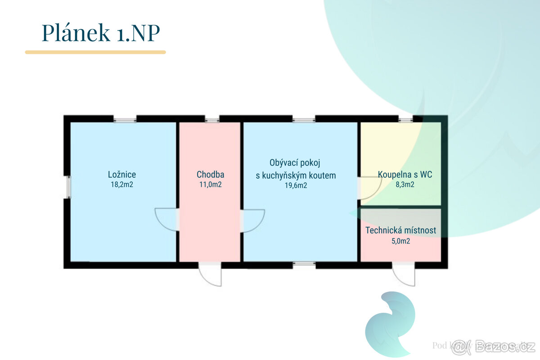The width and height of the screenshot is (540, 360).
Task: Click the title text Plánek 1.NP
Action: tap(101, 33)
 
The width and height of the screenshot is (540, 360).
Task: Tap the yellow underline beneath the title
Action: tap(95, 52)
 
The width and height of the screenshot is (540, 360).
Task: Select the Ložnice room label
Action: tap(122, 175)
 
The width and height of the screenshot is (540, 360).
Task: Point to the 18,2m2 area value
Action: tap(122, 184)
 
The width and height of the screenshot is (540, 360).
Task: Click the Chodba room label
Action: tap(210, 175)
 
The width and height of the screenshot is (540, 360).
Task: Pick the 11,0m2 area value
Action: tap(210, 184)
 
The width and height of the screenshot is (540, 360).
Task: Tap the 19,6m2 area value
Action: tap(296, 185)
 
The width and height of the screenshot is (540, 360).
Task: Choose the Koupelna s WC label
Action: tap(405, 175)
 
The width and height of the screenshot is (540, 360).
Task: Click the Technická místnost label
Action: tap(400, 231)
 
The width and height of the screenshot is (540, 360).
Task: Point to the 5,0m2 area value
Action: tap(400, 241)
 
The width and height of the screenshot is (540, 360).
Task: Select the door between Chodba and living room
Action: tap(252, 220)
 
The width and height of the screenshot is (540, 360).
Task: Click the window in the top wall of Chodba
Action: tap(212, 120)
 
